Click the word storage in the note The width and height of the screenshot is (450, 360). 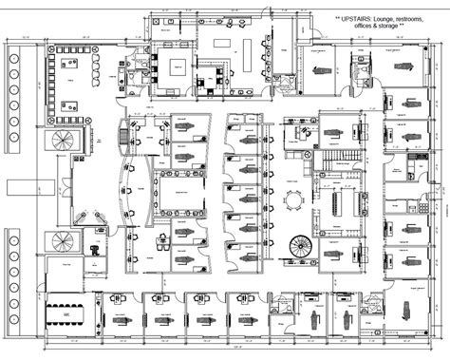point(398,27)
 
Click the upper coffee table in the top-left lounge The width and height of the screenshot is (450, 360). point(67,65)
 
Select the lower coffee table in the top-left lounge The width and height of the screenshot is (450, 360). point(67,106)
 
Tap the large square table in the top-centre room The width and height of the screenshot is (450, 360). point(178,66)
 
